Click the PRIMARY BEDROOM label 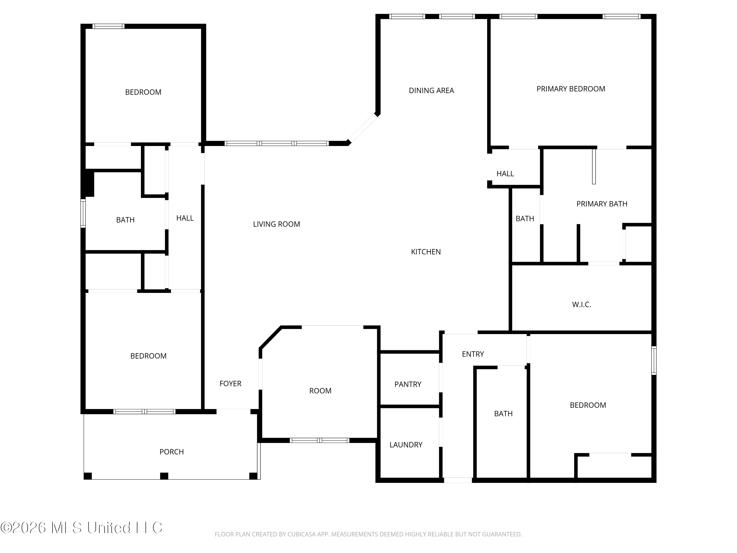coord(571,89)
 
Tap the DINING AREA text coord(431,91)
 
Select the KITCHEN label coord(426,252)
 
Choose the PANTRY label coord(408,385)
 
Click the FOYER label coord(230,384)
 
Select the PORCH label coord(171,452)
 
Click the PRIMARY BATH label coord(602,204)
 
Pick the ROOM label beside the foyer coord(320,391)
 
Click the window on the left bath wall coord(83,213)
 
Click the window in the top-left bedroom coord(108,26)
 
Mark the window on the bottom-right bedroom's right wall coord(654,360)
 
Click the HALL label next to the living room coord(185,218)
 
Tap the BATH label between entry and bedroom coord(503,414)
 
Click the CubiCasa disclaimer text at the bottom coord(368,534)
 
